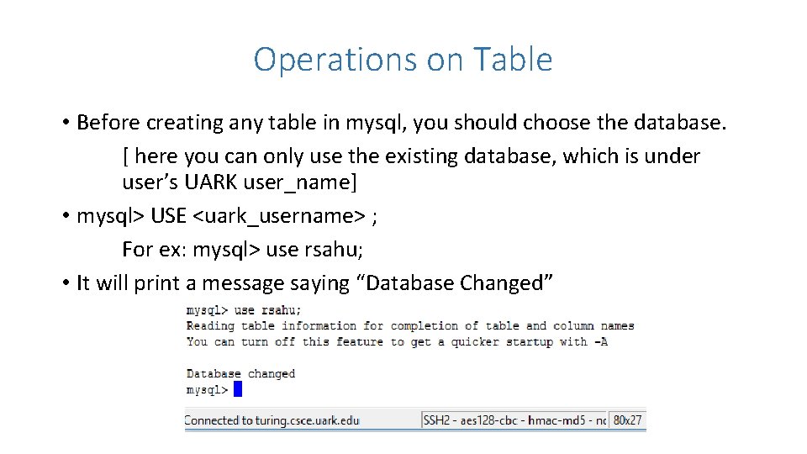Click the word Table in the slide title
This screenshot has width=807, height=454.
click(513, 60)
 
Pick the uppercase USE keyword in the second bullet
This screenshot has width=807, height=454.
click(169, 216)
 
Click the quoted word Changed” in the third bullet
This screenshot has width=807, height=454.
click(507, 283)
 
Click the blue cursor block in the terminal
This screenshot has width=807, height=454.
click(238, 389)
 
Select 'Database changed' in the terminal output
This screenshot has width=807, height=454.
click(240, 373)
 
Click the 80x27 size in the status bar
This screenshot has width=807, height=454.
click(627, 420)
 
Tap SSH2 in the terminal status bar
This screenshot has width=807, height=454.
click(437, 420)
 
